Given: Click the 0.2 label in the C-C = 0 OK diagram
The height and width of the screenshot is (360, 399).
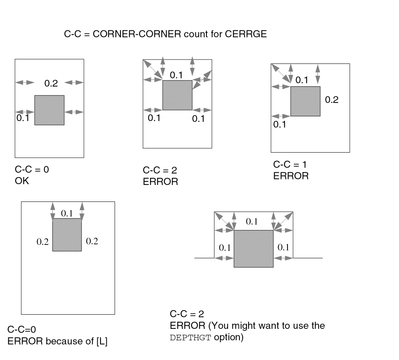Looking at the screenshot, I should [x=51, y=83].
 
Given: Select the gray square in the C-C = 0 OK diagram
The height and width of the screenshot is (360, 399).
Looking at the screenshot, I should [x=49, y=110].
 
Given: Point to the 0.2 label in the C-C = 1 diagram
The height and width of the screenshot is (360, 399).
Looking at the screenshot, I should [x=332, y=100].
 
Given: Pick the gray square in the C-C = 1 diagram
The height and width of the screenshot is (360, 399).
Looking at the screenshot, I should [x=305, y=101].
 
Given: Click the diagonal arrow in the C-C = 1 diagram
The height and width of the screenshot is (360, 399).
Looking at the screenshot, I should [x=280, y=74].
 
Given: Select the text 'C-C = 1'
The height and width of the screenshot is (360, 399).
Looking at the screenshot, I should [x=290, y=164].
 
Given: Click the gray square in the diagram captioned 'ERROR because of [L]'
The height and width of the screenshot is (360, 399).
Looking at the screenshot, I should [x=67, y=235].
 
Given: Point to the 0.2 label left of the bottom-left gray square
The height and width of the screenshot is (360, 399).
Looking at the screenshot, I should [x=42, y=242].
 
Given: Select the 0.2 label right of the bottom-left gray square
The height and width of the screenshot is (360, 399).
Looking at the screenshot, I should [x=92, y=241].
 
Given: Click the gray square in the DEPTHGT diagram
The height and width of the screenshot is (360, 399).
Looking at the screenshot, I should [x=254, y=249].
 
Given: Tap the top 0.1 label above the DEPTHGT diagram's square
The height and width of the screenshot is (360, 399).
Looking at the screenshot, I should [x=252, y=222].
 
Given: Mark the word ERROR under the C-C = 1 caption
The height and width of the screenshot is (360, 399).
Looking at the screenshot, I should [x=291, y=176].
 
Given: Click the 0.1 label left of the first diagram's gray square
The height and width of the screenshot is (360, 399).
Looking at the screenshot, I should [x=23, y=118].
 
